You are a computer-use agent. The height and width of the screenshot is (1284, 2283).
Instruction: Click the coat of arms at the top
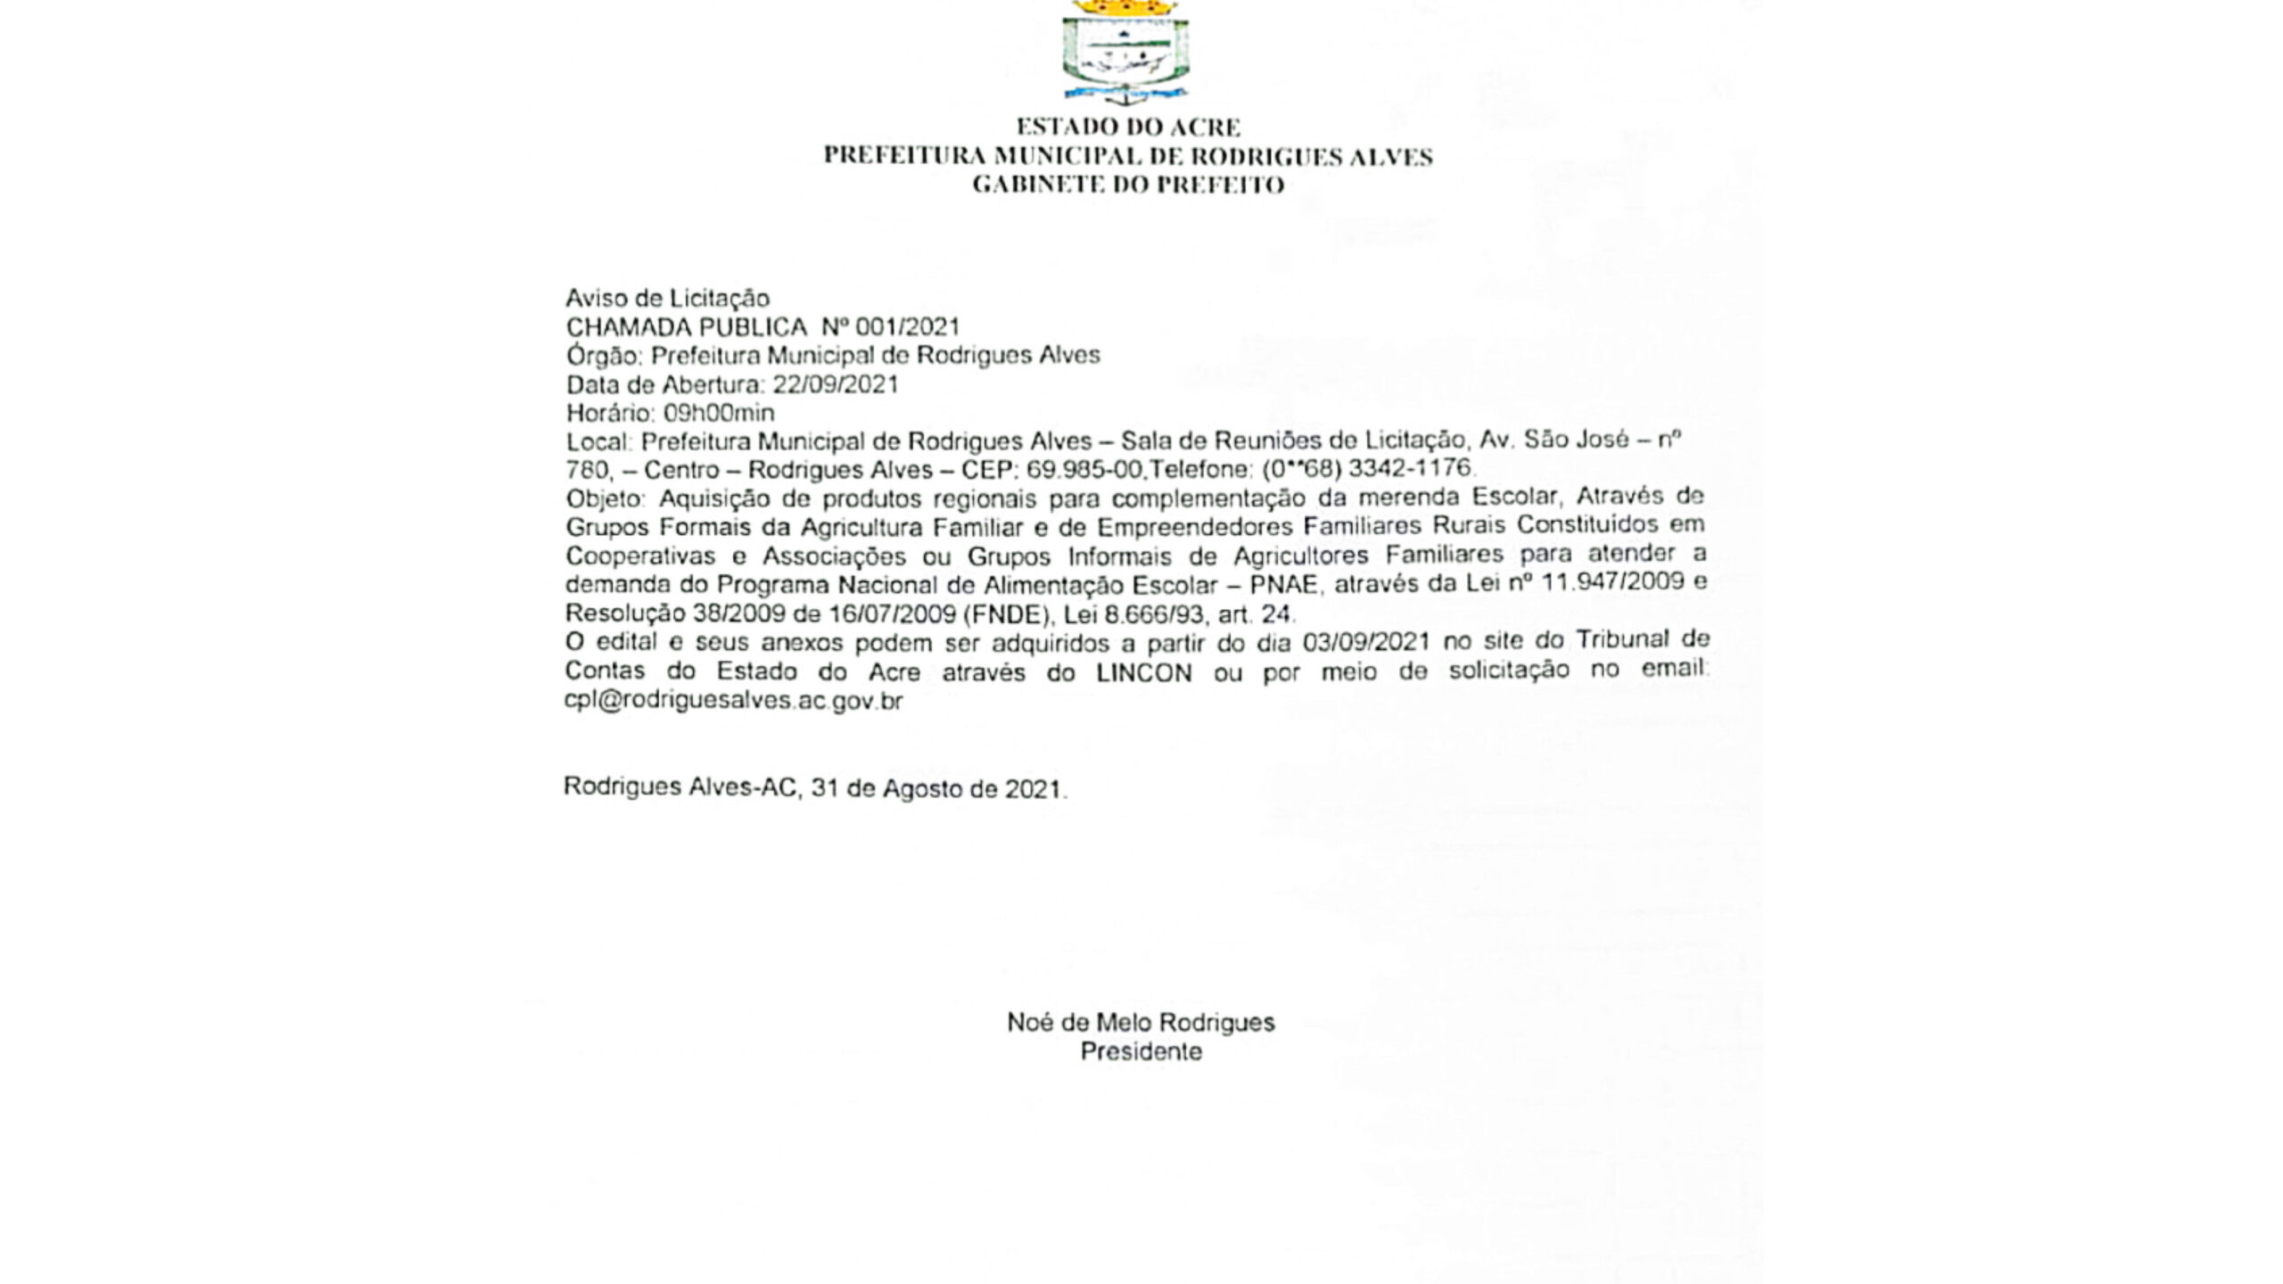(1125, 51)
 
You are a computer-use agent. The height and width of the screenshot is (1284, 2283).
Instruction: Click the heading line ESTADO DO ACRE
(1128, 127)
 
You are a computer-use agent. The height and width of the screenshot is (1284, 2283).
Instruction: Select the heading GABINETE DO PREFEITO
(1128, 185)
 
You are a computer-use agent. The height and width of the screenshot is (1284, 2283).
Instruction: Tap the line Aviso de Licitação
(667, 298)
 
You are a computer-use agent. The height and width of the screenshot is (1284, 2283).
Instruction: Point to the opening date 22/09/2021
(835, 384)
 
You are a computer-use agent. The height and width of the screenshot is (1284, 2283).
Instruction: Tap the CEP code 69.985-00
(1084, 469)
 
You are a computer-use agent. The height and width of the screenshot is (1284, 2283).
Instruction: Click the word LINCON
(1144, 672)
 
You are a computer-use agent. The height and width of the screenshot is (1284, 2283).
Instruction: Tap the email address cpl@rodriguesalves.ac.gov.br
(733, 700)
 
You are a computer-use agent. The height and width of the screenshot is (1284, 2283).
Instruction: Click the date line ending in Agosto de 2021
(814, 788)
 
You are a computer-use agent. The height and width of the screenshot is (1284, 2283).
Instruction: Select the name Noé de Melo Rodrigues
(1141, 1022)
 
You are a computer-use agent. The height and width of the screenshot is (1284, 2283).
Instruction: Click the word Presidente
(1141, 1051)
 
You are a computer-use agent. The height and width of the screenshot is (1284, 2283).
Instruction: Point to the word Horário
(607, 413)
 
